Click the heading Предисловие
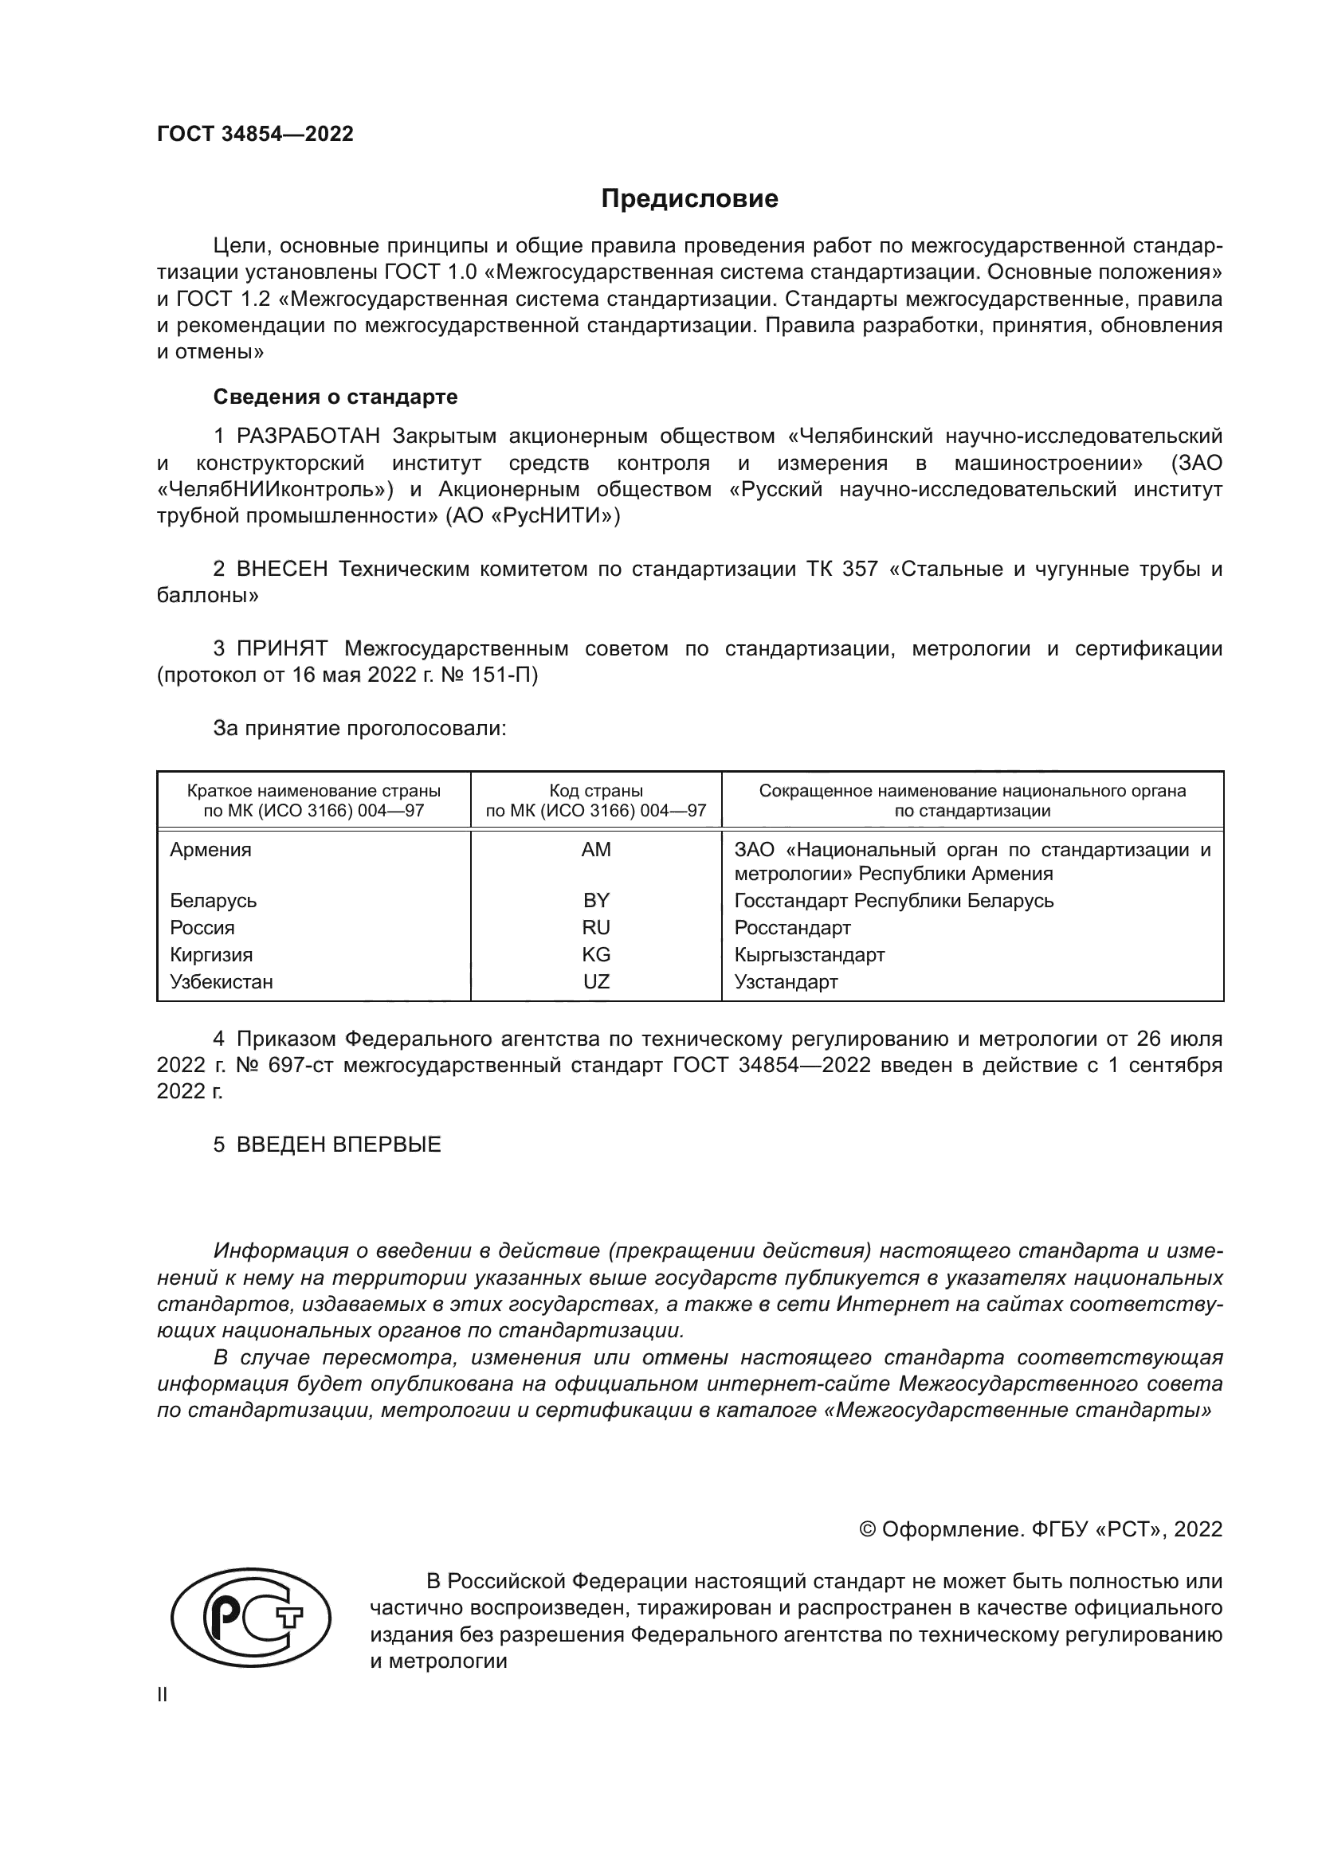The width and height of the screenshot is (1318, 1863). click(689, 199)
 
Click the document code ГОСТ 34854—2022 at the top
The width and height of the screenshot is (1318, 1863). click(255, 135)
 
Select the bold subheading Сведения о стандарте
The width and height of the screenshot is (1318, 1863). click(335, 397)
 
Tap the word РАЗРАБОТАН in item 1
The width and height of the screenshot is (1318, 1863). click(308, 436)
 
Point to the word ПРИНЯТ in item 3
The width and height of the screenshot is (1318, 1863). click(281, 648)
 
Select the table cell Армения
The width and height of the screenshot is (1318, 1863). click(210, 850)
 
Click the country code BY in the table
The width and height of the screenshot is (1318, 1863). click(596, 901)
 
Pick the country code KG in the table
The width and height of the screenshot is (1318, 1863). click(596, 955)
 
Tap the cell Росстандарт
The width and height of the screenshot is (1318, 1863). click(792, 927)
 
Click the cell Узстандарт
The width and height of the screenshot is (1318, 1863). click(786, 982)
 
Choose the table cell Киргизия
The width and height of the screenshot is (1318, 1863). click(211, 955)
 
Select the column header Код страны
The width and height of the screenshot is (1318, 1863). click(596, 791)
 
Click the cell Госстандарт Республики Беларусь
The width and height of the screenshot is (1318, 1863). click(893, 901)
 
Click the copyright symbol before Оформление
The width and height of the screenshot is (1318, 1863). click(867, 1529)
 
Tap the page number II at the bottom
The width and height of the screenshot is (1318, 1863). click(163, 1695)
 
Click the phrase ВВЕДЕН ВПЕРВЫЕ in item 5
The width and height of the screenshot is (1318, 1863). click(339, 1145)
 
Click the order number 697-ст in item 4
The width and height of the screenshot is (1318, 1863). click(298, 1066)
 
